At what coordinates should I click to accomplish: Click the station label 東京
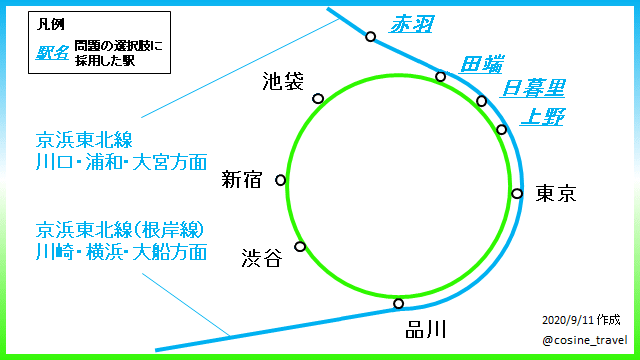(x=556, y=193)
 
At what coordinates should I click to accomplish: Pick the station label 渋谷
(x=262, y=258)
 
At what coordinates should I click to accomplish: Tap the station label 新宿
(x=242, y=180)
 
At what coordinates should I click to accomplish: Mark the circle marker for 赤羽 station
(x=371, y=37)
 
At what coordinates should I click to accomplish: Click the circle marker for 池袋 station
(x=318, y=98)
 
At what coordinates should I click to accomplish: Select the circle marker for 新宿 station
(x=280, y=181)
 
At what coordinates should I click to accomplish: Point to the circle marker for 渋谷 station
(x=299, y=247)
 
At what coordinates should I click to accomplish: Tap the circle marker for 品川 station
(x=399, y=303)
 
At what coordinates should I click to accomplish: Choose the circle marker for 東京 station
(x=517, y=194)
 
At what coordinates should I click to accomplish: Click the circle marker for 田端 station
(x=440, y=76)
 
